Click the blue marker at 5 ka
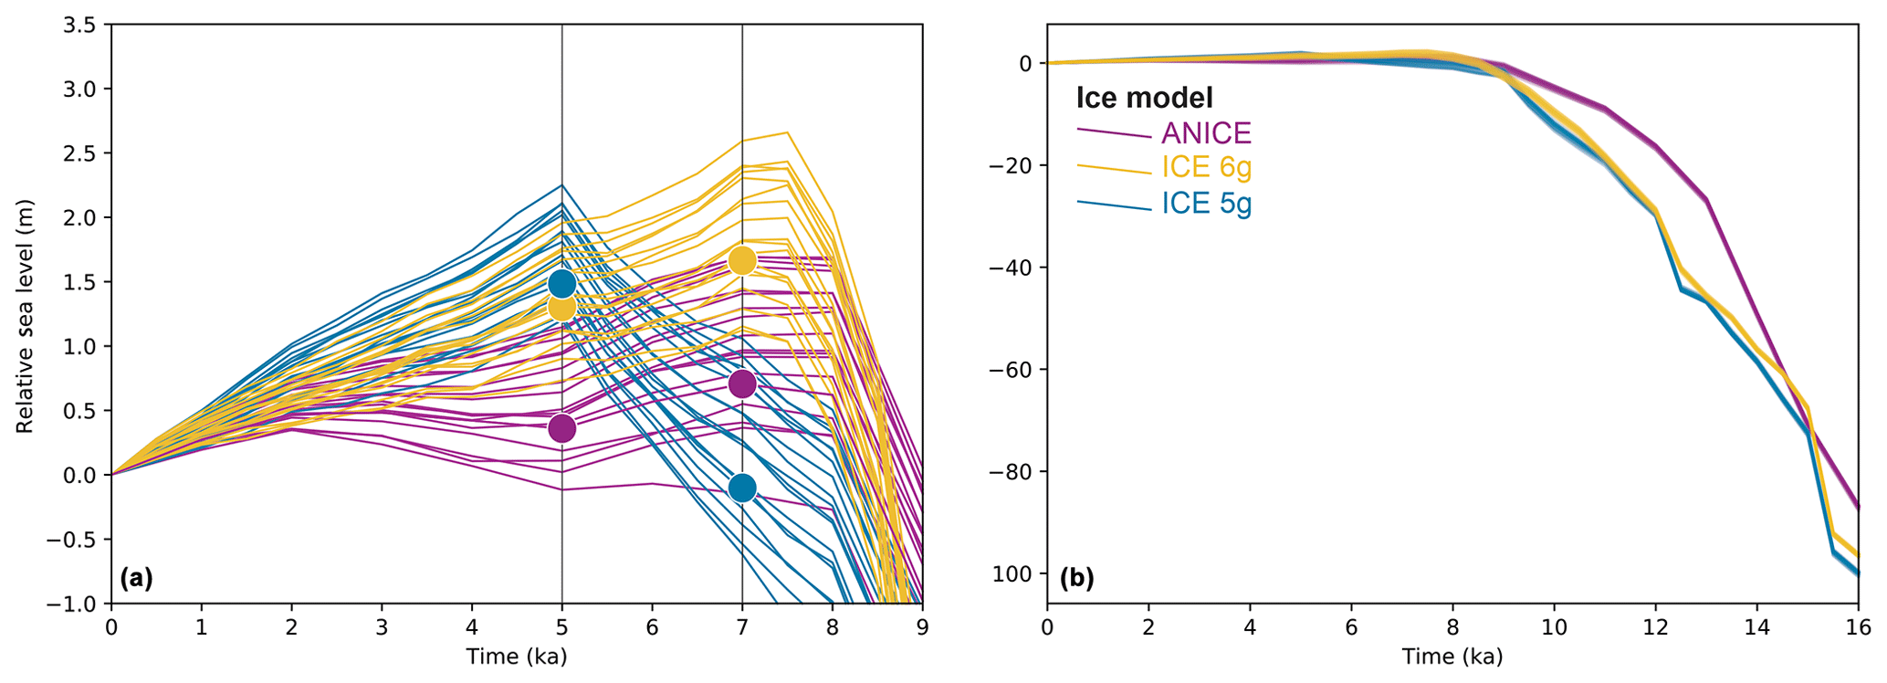(x=561, y=283)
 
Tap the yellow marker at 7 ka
(x=742, y=260)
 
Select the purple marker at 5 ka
(x=561, y=427)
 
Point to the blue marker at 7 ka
(x=742, y=489)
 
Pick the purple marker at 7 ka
(x=742, y=384)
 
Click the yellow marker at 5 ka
(x=561, y=308)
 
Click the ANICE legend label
(x=1205, y=133)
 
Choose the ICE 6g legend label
(x=1206, y=167)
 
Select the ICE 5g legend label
(x=1206, y=203)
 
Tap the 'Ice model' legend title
(x=1145, y=97)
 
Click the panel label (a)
(x=136, y=577)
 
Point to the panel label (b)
(x=1076, y=577)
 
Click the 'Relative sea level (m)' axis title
(x=25, y=316)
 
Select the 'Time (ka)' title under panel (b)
(x=1452, y=657)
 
